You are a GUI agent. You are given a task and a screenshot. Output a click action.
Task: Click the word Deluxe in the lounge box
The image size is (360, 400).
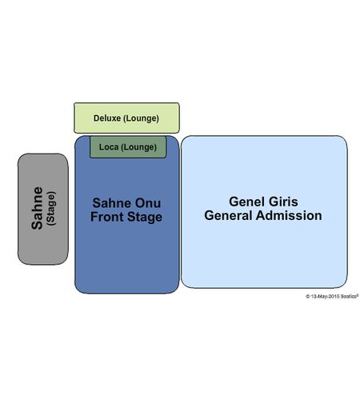(107, 118)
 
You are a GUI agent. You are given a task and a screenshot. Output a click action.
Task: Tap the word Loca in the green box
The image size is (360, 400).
(109, 146)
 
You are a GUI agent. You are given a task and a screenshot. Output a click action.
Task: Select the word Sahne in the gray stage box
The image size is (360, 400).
(37, 208)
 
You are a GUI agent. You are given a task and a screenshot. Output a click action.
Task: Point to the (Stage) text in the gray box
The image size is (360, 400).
(51, 209)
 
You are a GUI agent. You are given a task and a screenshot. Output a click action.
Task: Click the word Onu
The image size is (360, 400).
(148, 203)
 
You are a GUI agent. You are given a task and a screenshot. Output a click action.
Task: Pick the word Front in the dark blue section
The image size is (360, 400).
(107, 217)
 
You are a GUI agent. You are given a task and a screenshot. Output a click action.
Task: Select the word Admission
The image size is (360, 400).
(289, 215)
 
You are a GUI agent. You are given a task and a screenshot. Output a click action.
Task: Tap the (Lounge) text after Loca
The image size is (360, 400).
(138, 147)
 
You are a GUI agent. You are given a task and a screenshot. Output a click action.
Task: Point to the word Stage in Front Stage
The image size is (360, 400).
(145, 217)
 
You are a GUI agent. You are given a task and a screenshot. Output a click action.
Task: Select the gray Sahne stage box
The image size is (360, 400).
(43, 209)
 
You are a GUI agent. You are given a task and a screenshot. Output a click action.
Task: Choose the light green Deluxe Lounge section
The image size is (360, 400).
(126, 118)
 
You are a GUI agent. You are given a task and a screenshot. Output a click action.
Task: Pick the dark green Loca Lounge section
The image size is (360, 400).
(128, 147)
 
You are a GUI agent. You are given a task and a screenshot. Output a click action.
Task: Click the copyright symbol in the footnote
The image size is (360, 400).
(308, 296)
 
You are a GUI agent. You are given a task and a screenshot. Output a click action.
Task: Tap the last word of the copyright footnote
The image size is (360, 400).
(350, 296)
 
